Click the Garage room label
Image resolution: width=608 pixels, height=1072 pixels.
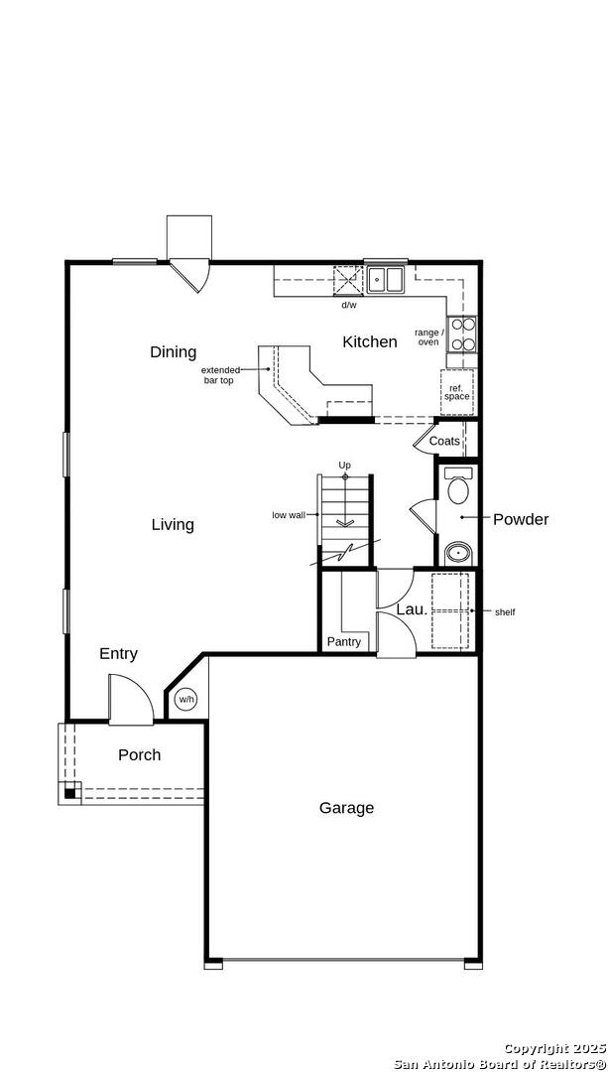(x=346, y=808)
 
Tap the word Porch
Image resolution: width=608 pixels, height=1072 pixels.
(x=140, y=754)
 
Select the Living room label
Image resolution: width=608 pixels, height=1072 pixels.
(x=173, y=524)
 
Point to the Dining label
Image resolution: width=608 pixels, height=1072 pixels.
(x=173, y=352)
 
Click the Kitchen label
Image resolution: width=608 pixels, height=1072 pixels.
(x=370, y=341)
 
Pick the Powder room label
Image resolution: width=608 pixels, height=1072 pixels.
(x=521, y=519)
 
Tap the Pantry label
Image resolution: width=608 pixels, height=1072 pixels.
(x=343, y=642)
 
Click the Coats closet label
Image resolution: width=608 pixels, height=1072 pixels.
(x=444, y=442)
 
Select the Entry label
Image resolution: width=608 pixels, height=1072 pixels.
(x=118, y=653)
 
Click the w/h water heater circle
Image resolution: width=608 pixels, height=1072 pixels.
(x=185, y=700)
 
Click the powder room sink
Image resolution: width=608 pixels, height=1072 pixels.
(x=457, y=553)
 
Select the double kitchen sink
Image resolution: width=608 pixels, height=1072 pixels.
(x=385, y=279)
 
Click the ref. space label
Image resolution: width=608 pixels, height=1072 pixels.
(x=457, y=392)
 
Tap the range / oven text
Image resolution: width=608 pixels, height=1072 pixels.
(x=429, y=337)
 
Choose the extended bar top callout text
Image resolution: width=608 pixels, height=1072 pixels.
(x=220, y=375)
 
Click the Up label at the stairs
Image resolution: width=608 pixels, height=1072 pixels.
(x=345, y=465)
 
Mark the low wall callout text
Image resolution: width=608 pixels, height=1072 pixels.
(x=289, y=515)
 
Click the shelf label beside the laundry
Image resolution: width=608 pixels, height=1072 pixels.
(x=505, y=611)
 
